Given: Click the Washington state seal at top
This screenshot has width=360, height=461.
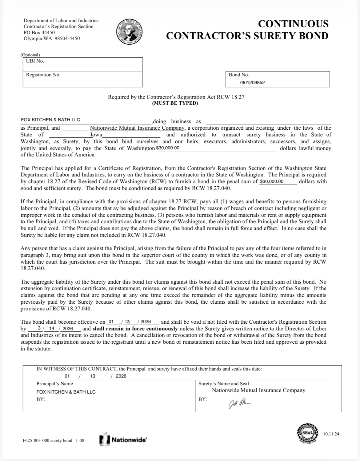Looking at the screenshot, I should point(130,31).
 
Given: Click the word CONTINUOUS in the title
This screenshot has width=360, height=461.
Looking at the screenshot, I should point(293,24).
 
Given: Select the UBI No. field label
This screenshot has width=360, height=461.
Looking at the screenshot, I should point(35,61).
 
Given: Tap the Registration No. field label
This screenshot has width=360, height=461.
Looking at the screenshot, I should point(43,75).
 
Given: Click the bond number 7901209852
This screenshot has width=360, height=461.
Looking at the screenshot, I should point(252,83).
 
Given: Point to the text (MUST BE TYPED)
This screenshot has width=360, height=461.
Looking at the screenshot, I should point(175,103).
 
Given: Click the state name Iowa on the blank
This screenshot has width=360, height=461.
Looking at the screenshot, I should point(96,135).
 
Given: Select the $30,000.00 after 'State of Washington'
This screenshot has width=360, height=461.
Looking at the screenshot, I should point(168,148).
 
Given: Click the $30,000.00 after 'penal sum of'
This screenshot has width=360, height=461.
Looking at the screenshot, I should point(272,181).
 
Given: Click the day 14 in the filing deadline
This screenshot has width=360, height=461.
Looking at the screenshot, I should point(52,329).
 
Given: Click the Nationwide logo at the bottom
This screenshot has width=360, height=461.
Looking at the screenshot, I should point(123,440).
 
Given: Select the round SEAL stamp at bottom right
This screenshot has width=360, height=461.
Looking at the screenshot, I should point(308,433).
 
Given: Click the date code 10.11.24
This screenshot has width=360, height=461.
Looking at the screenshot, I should point(331,434).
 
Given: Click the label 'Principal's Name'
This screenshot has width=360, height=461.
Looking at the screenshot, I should point(54,384).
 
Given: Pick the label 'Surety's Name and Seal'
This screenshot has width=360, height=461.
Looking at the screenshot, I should point(223,384).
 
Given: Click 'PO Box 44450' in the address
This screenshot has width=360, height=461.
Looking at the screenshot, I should point(39,32).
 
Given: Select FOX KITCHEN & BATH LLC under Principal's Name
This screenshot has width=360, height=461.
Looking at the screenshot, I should point(66,392).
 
